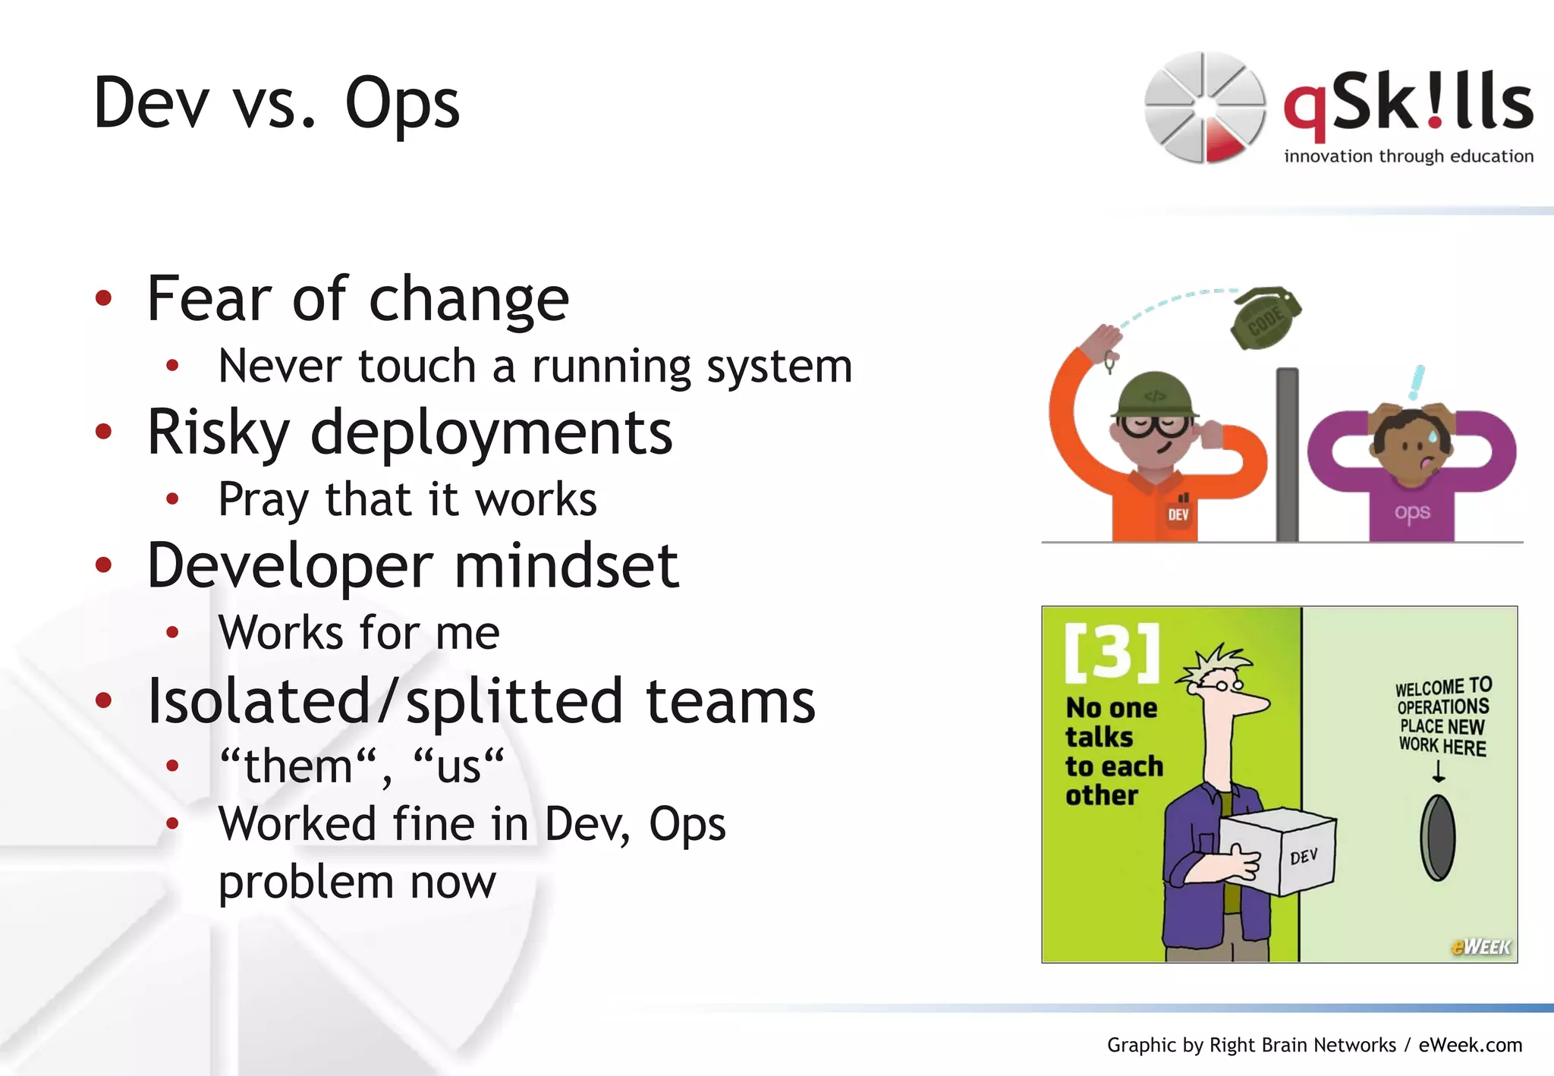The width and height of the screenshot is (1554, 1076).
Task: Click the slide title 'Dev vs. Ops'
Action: (276, 104)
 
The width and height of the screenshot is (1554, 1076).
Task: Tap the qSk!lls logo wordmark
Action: (1408, 106)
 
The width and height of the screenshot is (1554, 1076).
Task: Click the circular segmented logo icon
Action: (1204, 107)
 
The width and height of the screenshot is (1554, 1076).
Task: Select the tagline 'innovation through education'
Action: (1408, 156)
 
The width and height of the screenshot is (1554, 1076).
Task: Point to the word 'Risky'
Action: (218, 433)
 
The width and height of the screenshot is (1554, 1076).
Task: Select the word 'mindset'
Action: (566, 566)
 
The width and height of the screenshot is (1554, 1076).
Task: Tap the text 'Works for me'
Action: (359, 633)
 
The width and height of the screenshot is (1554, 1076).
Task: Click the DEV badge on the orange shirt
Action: (1178, 514)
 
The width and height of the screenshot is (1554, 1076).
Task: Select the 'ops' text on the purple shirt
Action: (1412, 512)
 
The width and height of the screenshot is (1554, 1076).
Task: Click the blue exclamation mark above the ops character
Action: (1417, 382)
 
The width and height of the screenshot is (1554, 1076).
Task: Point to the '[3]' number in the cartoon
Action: (1112, 651)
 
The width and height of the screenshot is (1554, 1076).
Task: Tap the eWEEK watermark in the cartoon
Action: (1480, 946)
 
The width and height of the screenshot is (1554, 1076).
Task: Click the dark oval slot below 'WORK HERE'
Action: (1438, 838)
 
